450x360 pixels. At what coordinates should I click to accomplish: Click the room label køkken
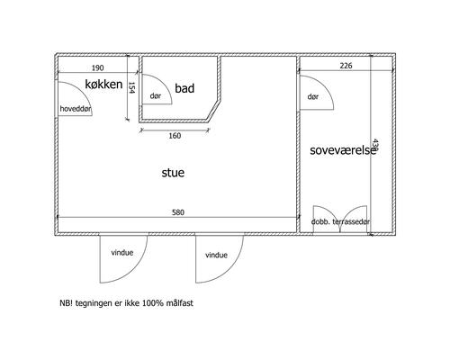pyautogui.click(x=103, y=85)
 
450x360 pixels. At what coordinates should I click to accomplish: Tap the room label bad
pyautogui.click(x=184, y=88)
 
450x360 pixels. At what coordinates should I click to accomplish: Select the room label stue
pyautogui.click(x=173, y=173)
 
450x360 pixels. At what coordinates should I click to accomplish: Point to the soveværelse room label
pyautogui.click(x=343, y=150)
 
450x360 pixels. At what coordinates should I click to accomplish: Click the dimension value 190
pyautogui.click(x=97, y=68)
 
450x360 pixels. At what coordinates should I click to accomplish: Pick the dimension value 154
pyautogui.click(x=132, y=87)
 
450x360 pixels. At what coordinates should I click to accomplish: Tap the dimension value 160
pyautogui.click(x=175, y=136)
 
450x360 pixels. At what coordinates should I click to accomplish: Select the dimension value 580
pyautogui.click(x=178, y=212)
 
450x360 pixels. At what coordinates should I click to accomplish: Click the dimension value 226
pyautogui.click(x=346, y=66)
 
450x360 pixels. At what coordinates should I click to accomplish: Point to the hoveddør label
pyautogui.click(x=76, y=109)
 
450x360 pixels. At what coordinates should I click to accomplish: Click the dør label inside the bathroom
pyautogui.click(x=156, y=96)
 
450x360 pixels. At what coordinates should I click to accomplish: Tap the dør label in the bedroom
pyautogui.click(x=313, y=96)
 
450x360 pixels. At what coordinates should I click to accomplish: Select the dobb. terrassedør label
pyautogui.click(x=340, y=221)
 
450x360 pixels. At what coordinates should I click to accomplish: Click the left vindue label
pyautogui.click(x=122, y=253)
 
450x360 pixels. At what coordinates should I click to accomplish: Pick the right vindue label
pyautogui.click(x=216, y=255)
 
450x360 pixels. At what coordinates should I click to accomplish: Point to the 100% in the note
pyautogui.click(x=152, y=303)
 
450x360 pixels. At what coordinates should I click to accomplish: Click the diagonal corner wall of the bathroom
pyautogui.click(x=214, y=111)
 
